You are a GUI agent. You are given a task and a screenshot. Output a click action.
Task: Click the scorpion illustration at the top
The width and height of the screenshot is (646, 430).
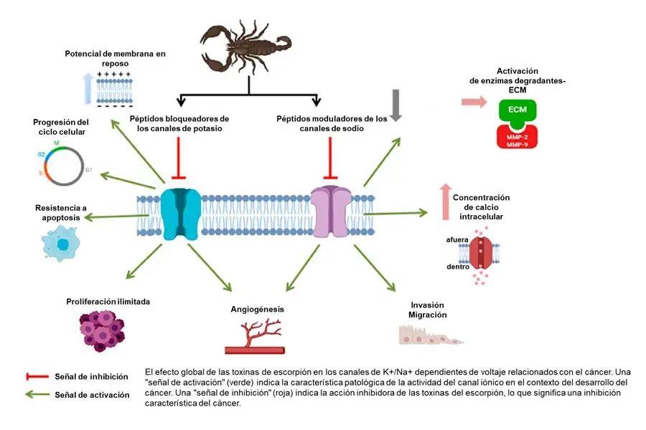(x=248, y=47)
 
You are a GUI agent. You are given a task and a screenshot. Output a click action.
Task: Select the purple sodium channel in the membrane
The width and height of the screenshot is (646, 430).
(x=331, y=212)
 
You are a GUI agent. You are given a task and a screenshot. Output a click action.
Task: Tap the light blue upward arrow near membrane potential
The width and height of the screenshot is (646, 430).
(x=88, y=88)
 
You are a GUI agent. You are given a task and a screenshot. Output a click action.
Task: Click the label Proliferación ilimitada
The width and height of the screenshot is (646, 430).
(x=108, y=302)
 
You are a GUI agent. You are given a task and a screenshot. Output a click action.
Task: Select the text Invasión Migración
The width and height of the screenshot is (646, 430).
(x=428, y=310)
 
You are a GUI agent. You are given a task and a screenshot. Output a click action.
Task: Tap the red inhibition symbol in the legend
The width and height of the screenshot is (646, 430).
(x=36, y=376)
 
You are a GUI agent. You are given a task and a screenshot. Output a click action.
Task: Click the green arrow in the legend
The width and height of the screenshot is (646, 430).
(x=36, y=393)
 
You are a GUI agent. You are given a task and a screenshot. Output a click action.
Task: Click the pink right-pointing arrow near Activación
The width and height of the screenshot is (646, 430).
(x=472, y=102)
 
